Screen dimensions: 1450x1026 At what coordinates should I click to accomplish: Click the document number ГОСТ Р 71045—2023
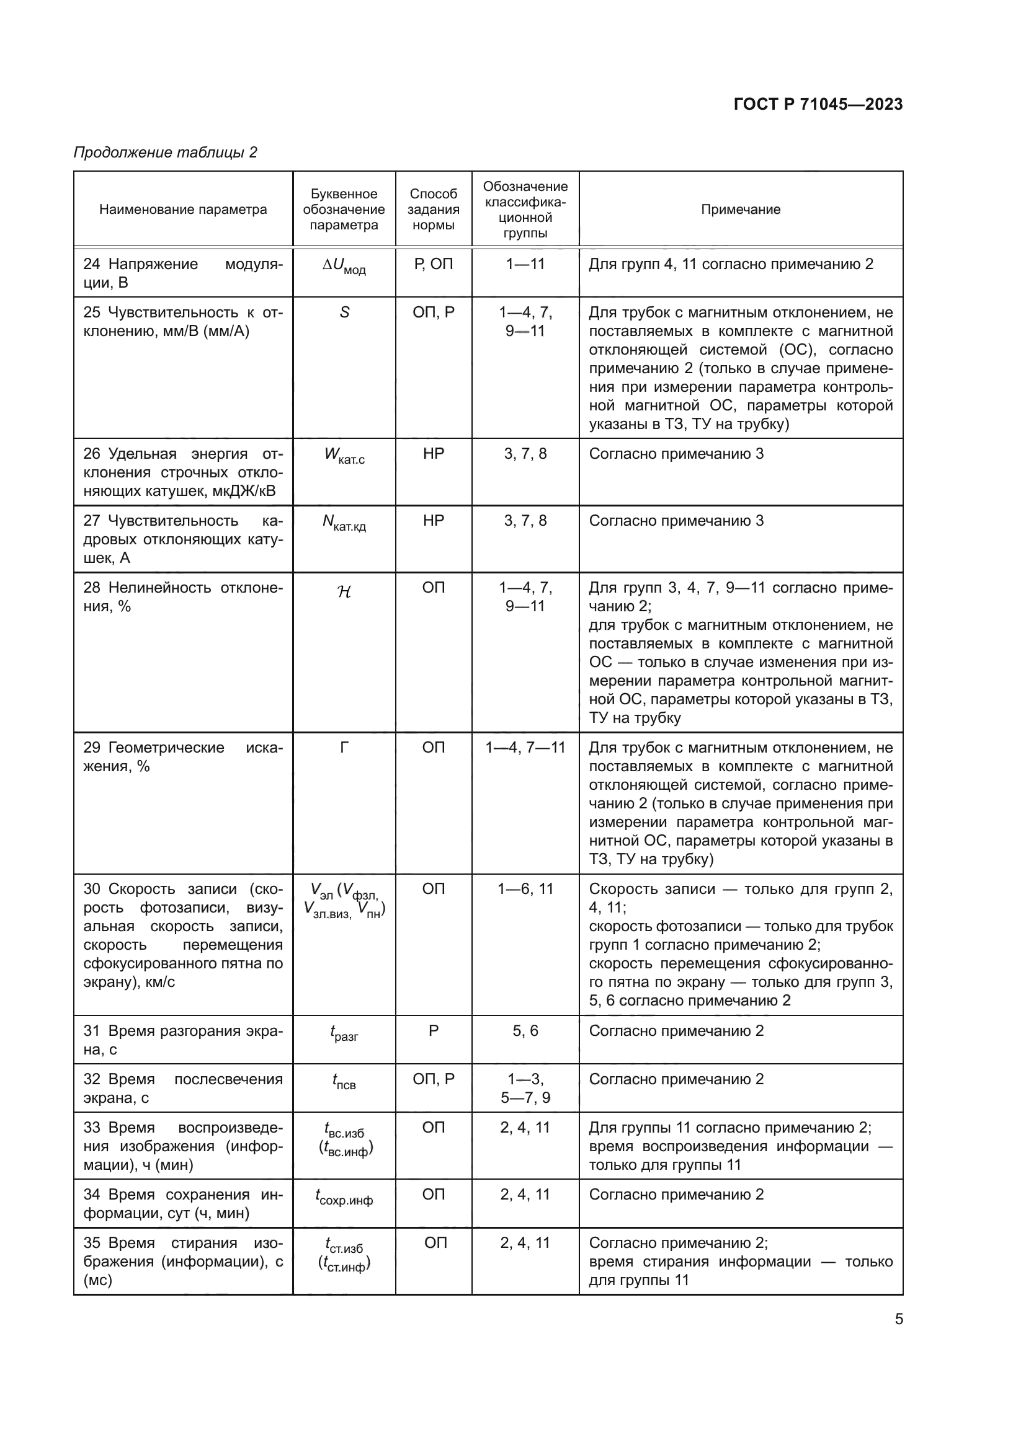(818, 104)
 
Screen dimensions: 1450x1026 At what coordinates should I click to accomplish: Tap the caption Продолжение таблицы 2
(166, 153)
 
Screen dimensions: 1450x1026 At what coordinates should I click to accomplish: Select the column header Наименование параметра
(182, 210)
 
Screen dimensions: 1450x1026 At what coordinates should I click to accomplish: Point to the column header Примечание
(741, 210)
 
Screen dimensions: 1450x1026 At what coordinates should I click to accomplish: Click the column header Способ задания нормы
(434, 210)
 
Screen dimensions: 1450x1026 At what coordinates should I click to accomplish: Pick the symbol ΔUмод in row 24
(344, 267)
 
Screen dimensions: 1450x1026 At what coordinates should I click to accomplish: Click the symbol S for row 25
(344, 312)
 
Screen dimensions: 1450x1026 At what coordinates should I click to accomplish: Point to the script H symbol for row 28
(344, 592)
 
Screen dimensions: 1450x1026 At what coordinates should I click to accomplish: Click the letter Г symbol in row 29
(344, 748)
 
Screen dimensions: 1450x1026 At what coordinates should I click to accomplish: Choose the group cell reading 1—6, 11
(525, 889)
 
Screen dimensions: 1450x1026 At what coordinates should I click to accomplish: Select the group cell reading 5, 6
(525, 1032)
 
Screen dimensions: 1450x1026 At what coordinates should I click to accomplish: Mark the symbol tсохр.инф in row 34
(344, 1196)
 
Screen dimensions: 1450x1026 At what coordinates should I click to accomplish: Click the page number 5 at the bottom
(898, 1319)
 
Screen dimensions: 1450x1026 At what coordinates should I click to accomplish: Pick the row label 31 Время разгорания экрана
(182, 1040)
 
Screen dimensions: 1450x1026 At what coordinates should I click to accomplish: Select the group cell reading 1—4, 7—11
(525, 748)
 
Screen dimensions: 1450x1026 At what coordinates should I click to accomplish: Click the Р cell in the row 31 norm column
(434, 1032)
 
